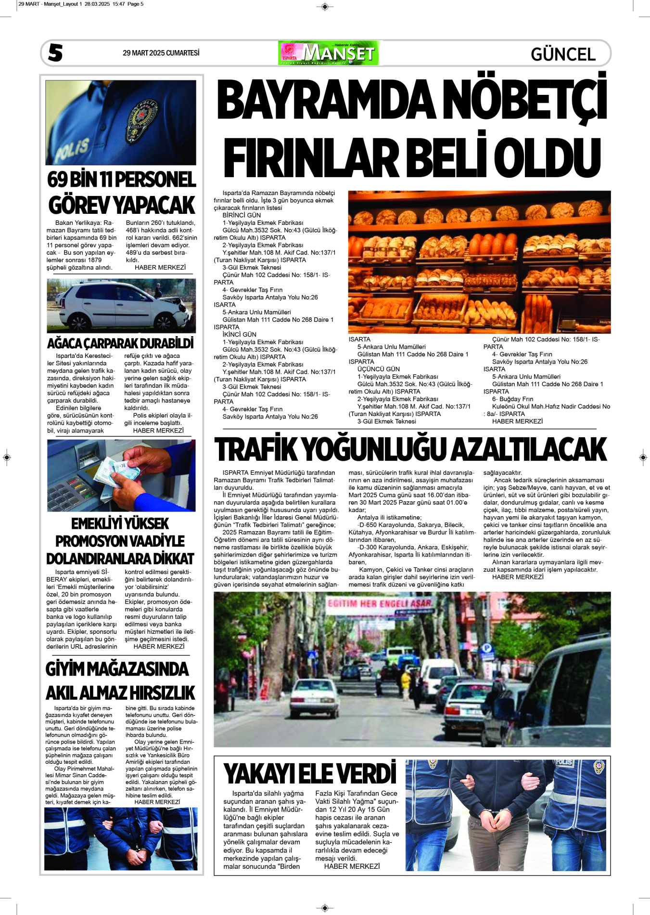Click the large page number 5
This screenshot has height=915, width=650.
coord(55,52)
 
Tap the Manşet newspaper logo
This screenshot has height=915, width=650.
coord(329,53)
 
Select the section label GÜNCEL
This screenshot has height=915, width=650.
coord(563,54)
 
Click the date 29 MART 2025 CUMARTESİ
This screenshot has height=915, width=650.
coord(161,53)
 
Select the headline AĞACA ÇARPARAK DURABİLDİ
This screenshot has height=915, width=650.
coord(120,343)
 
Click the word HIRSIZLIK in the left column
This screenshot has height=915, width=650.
coord(162,693)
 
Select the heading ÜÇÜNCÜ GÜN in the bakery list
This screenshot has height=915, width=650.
coord(378,369)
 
